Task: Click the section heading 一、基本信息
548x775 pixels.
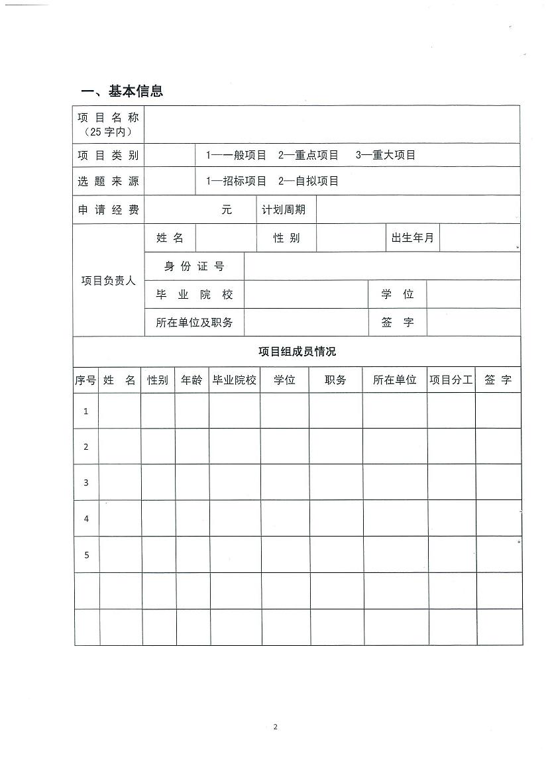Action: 122,91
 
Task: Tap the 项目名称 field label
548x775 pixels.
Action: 109,118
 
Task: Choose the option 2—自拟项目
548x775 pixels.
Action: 308,181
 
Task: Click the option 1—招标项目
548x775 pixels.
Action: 237,181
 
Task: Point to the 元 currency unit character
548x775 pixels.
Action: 227,210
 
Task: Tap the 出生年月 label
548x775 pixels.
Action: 412,238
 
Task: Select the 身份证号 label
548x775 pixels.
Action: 194,266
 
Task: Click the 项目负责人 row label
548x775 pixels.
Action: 109,280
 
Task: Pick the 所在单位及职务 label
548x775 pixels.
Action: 194,323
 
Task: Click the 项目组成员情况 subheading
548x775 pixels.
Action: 297,351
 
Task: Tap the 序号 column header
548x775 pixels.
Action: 85,380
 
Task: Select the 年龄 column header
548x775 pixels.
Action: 192,380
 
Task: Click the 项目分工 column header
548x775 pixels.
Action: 451,380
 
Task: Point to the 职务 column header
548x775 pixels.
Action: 335,380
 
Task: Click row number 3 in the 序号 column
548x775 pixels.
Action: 86,482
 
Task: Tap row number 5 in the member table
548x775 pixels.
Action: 86,554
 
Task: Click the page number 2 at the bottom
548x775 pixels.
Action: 276,727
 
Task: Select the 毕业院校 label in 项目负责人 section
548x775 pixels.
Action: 194,295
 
